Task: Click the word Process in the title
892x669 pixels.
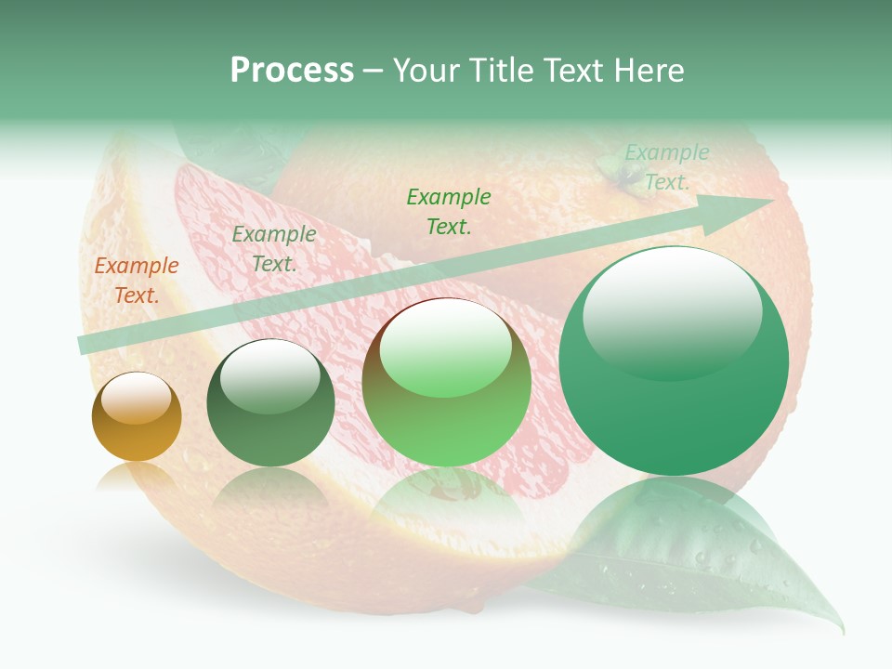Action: pos(292,71)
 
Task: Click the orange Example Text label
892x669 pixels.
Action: pos(136,281)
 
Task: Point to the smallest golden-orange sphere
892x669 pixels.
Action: pos(137,417)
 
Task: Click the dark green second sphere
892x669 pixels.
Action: pos(270,403)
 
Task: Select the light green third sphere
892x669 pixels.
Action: pos(447,382)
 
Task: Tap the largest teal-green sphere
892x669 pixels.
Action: pos(674,361)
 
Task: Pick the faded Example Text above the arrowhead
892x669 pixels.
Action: pos(666,167)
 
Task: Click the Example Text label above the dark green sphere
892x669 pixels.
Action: pos(274,249)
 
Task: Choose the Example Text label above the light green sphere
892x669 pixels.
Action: pos(449,211)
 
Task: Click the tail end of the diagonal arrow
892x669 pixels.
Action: pos(84,345)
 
